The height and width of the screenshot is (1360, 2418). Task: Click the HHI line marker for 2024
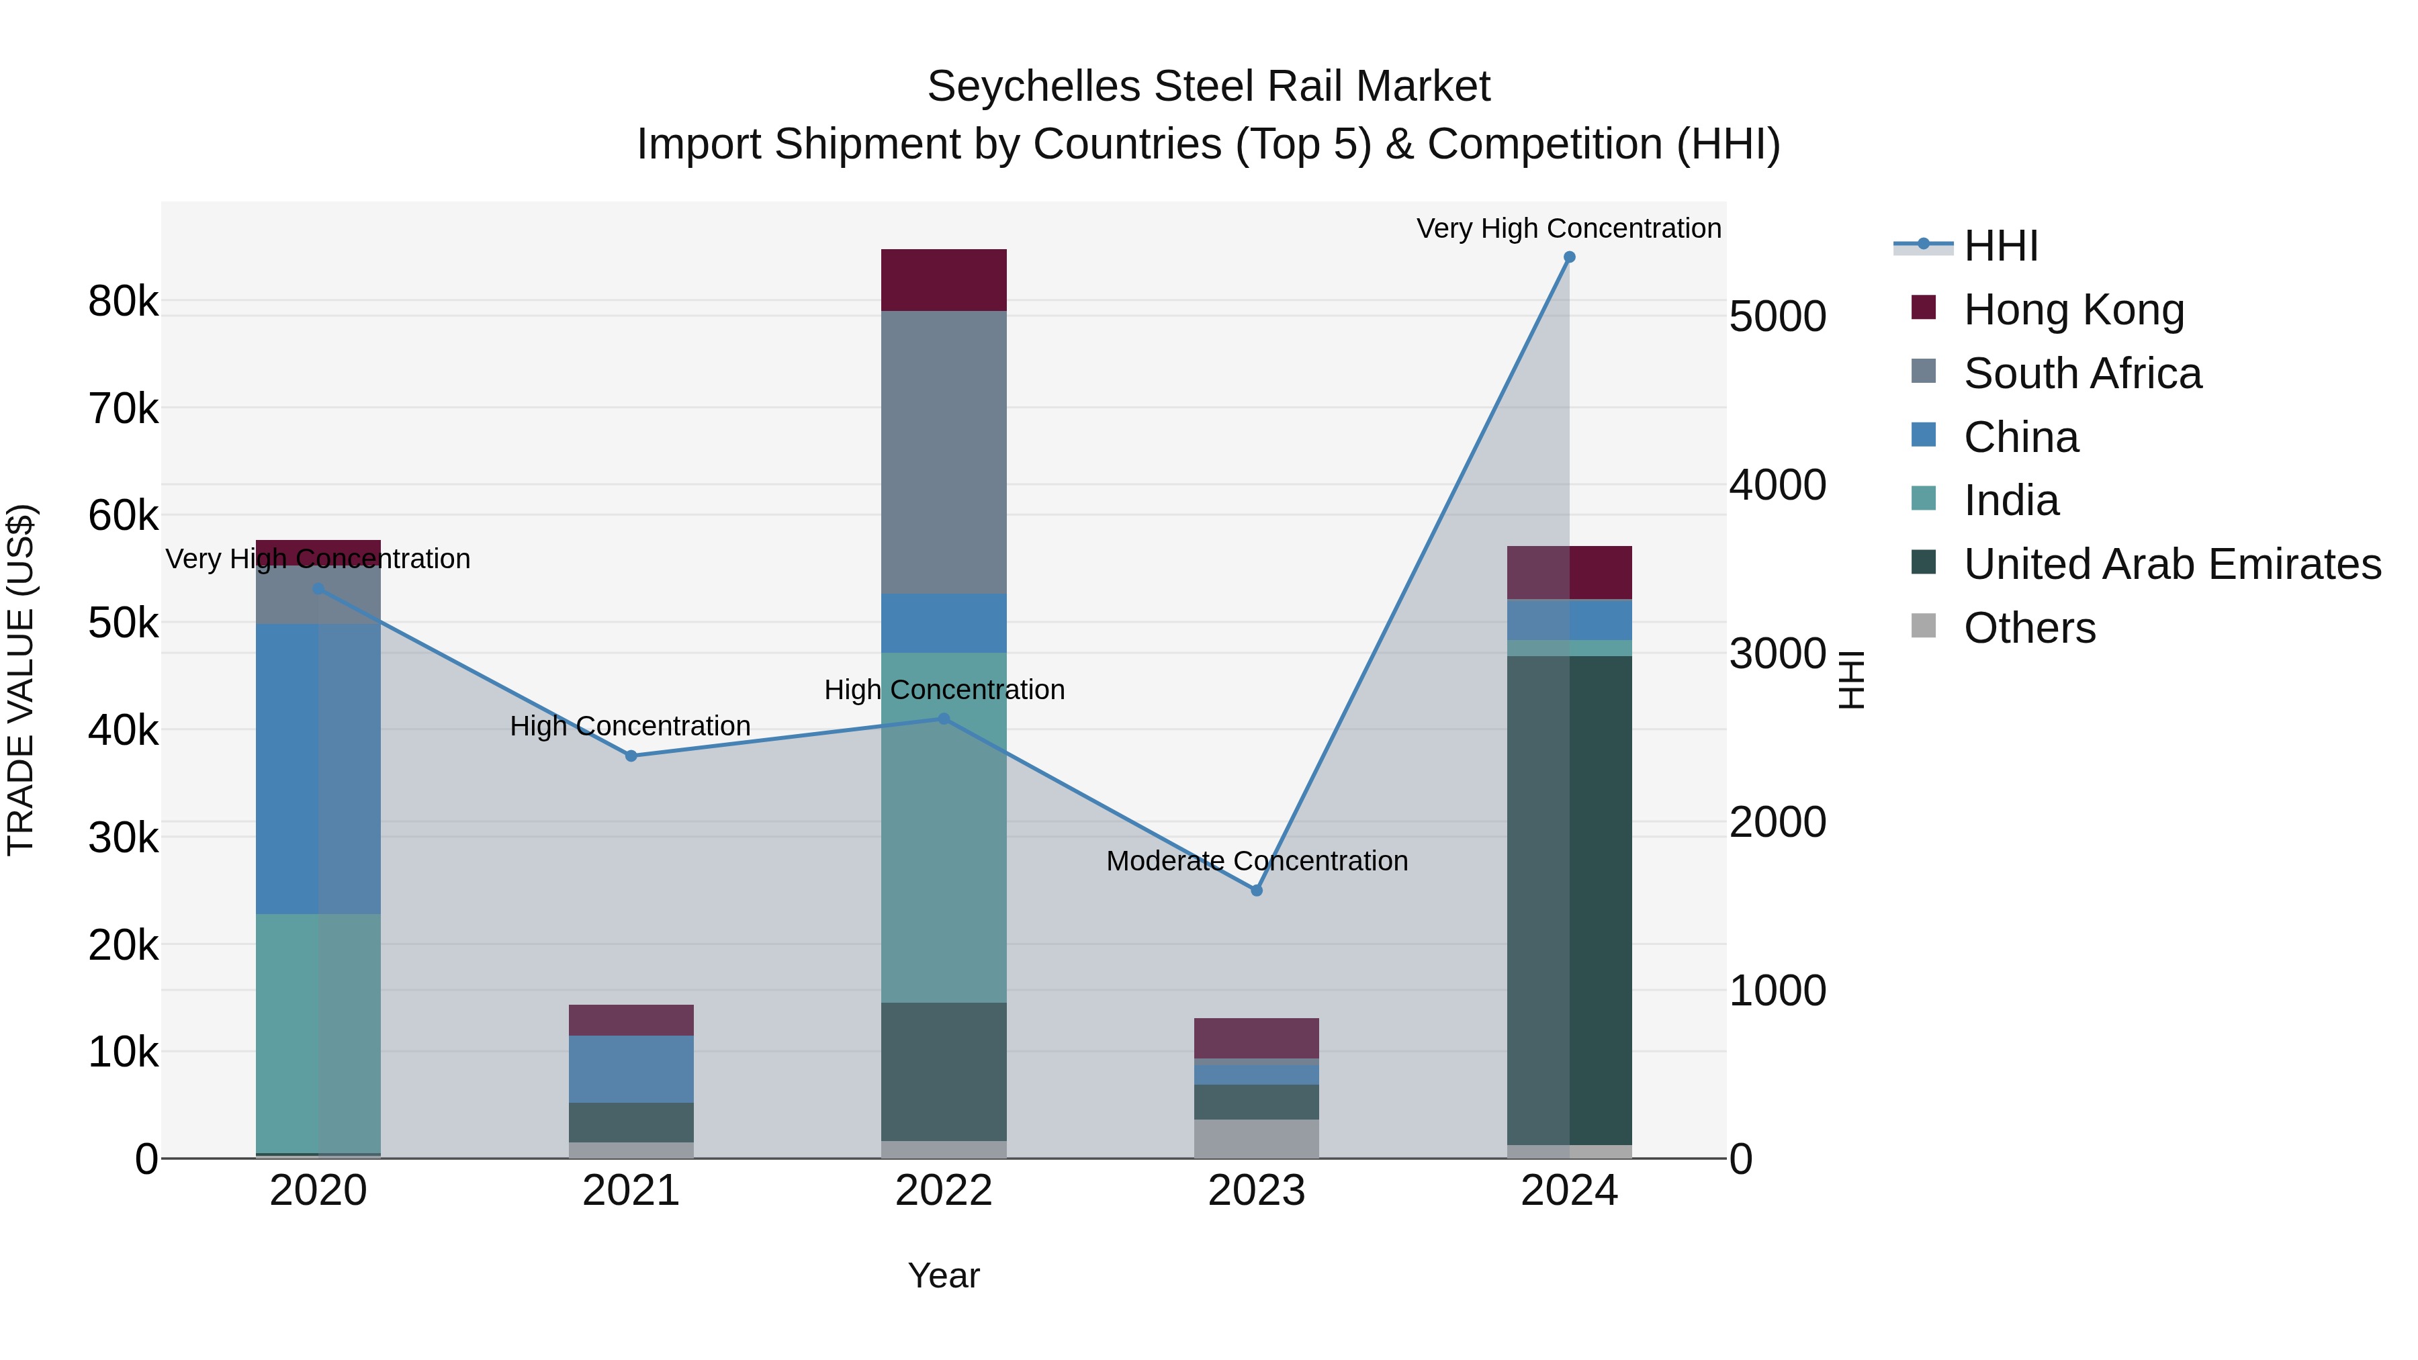pyautogui.click(x=1570, y=257)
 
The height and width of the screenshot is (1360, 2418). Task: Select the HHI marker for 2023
pyautogui.click(x=1257, y=890)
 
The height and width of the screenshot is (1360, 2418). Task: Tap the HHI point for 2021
pyautogui.click(x=631, y=756)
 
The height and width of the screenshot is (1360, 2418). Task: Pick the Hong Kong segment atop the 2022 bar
pyautogui.click(x=944, y=279)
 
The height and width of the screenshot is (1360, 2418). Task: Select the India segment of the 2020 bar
pyautogui.click(x=318, y=1032)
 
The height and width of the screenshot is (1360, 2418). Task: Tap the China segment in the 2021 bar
pyautogui.click(x=631, y=1069)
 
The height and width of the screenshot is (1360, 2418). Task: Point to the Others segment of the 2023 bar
pyautogui.click(x=1257, y=1138)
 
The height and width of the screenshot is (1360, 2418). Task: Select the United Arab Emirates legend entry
pyautogui.click(x=2172, y=564)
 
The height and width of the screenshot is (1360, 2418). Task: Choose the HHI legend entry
pyautogui.click(x=2000, y=246)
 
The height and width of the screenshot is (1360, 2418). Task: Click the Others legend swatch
pyautogui.click(x=1924, y=626)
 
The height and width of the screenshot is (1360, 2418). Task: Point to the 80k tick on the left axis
pyautogui.click(x=123, y=302)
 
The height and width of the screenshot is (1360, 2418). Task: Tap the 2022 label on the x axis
pyautogui.click(x=944, y=1191)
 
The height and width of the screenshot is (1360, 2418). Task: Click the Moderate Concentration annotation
pyautogui.click(x=1257, y=861)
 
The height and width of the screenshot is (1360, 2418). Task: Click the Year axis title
pyautogui.click(x=944, y=1275)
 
